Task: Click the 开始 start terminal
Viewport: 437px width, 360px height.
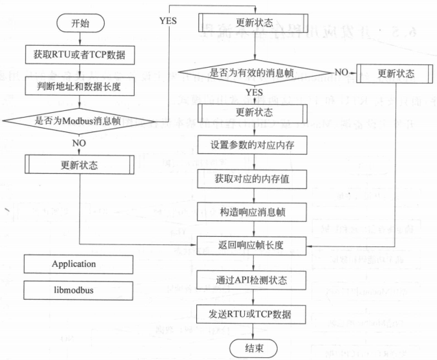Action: click(80, 23)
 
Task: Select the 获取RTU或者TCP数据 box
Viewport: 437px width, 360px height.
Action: click(80, 55)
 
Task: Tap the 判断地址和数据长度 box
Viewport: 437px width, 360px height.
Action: click(80, 86)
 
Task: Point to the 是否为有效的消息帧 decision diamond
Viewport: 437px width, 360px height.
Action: click(255, 70)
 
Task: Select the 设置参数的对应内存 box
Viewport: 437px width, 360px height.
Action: click(254, 144)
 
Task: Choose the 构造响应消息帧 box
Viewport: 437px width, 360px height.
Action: click(254, 211)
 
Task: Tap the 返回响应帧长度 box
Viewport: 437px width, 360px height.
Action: click(254, 244)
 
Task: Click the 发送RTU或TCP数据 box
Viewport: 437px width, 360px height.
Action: click(254, 314)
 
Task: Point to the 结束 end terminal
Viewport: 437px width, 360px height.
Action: click(254, 348)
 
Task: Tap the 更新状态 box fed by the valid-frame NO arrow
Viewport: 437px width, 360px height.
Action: click(396, 72)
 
